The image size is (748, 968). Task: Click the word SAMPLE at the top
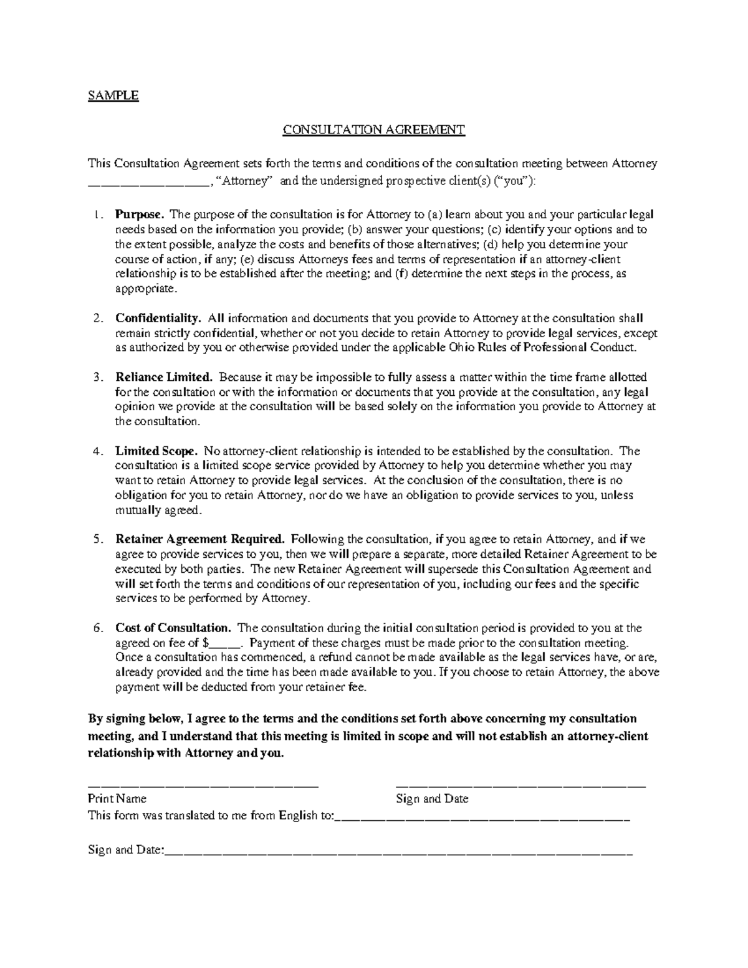[x=113, y=95]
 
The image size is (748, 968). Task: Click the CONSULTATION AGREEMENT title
[x=373, y=130]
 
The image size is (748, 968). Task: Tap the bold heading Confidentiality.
[x=158, y=318]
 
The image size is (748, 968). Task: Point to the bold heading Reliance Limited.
[x=165, y=377]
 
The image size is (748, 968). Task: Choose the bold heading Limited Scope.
[x=156, y=451]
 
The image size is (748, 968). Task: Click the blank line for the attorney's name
[x=148, y=183]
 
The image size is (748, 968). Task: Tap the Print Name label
[x=117, y=798]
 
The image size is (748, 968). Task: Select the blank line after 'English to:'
[x=483, y=817]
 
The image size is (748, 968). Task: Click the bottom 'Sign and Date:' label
[x=125, y=850]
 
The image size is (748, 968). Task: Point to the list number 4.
[x=97, y=451]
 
